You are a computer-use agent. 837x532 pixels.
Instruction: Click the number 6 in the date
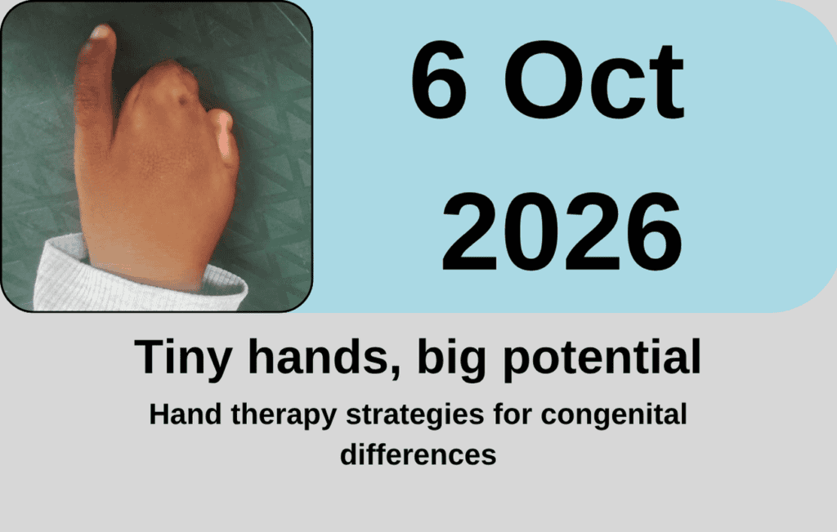pyautogui.click(x=438, y=79)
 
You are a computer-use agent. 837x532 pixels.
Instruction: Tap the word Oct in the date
pyautogui.click(x=594, y=79)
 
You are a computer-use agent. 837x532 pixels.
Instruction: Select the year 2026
pyautogui.click(x=562, y=232)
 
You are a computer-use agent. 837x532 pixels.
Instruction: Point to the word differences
pyautogui.click(x=418, y=455)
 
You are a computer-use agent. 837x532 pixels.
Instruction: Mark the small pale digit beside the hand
pyautogui.click(x=223, y=136)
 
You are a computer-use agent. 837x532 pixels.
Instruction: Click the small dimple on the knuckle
pyautogui.click(x=183, y=100)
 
